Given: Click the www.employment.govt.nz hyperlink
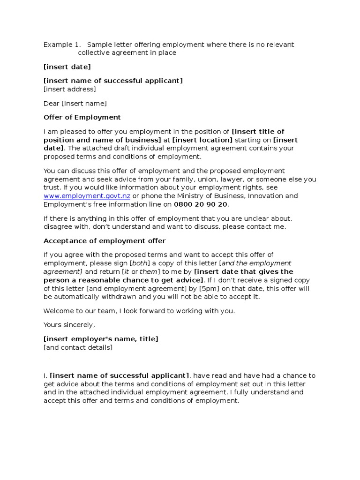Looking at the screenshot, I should [x=87, y=196].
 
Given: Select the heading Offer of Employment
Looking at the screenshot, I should [x=82, y=117].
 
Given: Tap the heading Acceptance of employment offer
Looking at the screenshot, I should [x=105, y=241].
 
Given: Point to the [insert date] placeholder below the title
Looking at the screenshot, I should [x=67, y=67].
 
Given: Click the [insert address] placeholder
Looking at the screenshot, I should [x=69, y=89].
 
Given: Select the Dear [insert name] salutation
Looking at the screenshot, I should [x=75, y=103].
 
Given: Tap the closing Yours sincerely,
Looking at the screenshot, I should [x=69, y=325].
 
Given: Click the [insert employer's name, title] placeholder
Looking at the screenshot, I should [x=101, y=339].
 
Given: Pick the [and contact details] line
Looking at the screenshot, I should [x=78, y=347].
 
